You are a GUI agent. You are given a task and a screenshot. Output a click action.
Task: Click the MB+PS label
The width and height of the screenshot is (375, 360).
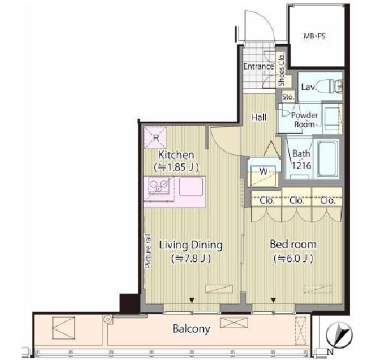click(314, 36)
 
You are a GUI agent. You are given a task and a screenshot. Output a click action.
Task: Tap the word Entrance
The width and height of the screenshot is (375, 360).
click(258, 66)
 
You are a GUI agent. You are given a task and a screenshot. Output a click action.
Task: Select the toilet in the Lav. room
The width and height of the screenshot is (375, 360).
click(334, 86)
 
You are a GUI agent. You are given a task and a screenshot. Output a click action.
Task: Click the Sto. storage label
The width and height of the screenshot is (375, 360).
click(288, 97)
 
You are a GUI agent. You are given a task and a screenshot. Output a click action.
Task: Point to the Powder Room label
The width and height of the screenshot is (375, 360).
click(304, 120)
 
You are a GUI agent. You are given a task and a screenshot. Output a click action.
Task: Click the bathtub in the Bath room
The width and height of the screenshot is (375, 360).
click(327, 158)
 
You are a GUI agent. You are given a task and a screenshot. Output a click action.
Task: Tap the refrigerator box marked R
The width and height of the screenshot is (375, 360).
click(156, 138)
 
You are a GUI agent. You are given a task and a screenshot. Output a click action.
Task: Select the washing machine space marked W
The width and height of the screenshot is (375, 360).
click(263, 172)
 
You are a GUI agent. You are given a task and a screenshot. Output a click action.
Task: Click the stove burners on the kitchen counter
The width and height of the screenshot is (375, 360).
click(159, 185)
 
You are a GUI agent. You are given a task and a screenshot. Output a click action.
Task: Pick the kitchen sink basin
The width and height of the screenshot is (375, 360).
click(191, 187)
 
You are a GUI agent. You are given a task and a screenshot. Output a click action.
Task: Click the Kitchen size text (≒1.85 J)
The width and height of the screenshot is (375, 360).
click(176, 167)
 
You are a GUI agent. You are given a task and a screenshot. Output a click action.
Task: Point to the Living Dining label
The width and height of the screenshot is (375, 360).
click(191, 245)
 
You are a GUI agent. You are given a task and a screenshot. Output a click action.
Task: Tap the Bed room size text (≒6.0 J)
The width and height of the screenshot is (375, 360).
click(293, 259)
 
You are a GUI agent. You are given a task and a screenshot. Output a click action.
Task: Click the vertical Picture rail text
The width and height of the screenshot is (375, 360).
click(148, 251)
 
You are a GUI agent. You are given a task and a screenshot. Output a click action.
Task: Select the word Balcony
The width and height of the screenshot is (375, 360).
click(191, 329)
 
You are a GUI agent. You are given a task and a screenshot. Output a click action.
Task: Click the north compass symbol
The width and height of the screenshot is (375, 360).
click(339, 335)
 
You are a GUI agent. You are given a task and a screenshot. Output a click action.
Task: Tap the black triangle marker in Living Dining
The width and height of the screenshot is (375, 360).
click(191, 300)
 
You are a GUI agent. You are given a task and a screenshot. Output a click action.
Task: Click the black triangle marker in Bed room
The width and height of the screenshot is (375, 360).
click(274, 300)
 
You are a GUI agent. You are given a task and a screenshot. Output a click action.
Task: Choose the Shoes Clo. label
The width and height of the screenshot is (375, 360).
click(281, 70)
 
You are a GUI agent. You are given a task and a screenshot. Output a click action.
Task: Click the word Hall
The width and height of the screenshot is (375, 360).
click(259, 117)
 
